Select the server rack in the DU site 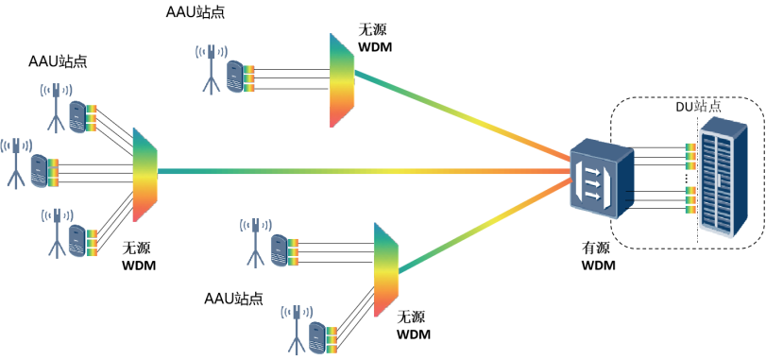[x=723, y=178]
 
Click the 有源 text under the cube [x=595, y=249]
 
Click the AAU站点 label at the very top [x=196, y=12]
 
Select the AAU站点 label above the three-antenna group [x=58, y=61]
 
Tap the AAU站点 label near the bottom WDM [x=233, y=298]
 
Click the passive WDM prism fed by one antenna [x=342, y=80]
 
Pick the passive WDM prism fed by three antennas [x=145, y=175]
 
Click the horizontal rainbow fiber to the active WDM [x=365, y=171]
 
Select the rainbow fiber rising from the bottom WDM [x=485, y=226]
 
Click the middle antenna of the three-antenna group [x=16, y=163]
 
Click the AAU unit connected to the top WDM [x=235, y=76]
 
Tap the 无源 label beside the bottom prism [x=412, y=317]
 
